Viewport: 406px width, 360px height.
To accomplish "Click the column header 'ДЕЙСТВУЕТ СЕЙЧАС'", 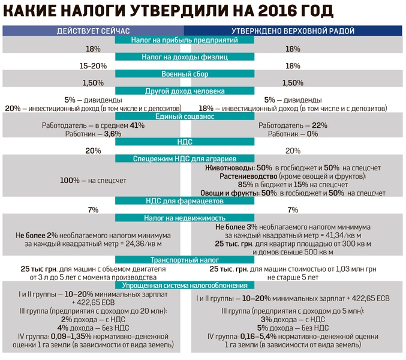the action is [x=93, y=31].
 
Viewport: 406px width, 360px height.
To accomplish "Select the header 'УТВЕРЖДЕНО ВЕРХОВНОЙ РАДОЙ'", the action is [x=293, y=31].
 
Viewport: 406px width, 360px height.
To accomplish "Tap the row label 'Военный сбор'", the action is [x=185, y=74].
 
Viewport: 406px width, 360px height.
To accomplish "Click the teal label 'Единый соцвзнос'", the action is [x=185, y=116].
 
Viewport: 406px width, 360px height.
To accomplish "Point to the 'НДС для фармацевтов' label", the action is [x=185, y=201].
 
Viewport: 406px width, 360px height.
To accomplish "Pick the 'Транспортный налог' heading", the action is [x=185, y=260].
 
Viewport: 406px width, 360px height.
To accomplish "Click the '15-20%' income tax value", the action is [x=93, y=66].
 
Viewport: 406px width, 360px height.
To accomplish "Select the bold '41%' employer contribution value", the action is [x=137, y=125].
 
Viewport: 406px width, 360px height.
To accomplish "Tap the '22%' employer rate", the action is [x=320, y=125].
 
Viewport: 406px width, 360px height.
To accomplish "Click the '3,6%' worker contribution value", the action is [x=113, y=134].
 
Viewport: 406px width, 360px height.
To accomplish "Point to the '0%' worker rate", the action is [x=312, y=134].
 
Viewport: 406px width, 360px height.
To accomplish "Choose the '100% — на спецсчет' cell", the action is [x=93, y=180].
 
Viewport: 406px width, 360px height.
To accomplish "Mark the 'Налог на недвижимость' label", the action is [x=185, y=218].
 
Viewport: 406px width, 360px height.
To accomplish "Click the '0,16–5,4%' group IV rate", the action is [x=258, y=337].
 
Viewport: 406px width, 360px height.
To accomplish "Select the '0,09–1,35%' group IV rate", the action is [x=71, y=337].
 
